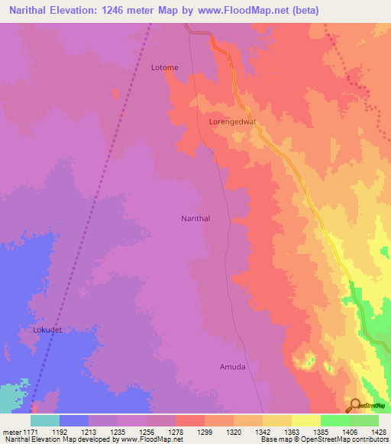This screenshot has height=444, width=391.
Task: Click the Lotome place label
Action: [164, 68]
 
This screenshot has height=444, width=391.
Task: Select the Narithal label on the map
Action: [195, 218]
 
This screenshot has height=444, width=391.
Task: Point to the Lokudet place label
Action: [47, 330]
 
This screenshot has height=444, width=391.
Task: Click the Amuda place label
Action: [233, 367]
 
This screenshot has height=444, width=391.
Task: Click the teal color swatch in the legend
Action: [45, 420]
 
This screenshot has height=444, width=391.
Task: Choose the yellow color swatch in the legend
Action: [305, 420]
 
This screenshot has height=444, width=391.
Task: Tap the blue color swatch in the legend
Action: [74, 420]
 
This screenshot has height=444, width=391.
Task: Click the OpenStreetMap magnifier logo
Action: [354, 404]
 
